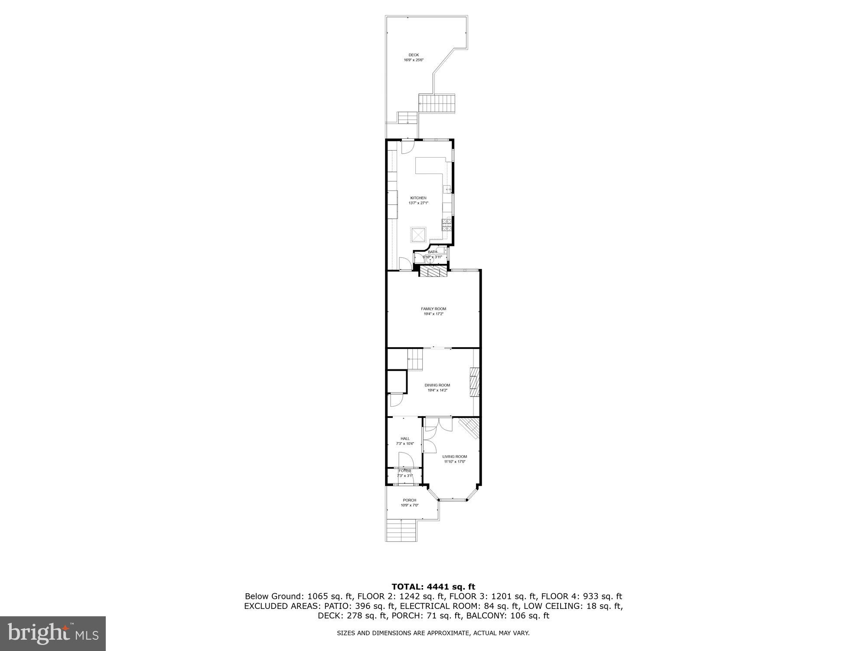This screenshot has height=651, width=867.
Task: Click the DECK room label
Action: click(414, 55)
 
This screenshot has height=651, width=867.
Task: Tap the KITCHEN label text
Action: click(418, 198)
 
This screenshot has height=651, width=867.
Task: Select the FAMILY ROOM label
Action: click(433, 309)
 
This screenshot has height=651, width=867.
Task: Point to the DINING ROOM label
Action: click(437, 385)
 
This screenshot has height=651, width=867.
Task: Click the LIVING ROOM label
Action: click(454, 457)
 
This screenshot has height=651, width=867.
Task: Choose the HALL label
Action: click(405, 439)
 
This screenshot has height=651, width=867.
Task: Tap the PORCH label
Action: click(409, 500)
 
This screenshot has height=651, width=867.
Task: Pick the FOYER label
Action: click(405, 471)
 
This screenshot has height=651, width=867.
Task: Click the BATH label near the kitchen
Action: click(433, 252)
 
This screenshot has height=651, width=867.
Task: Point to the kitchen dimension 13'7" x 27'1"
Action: click(418, 203)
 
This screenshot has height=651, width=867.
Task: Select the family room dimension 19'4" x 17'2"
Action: click(433, 314)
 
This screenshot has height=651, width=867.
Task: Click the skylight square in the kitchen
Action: click(419, 235)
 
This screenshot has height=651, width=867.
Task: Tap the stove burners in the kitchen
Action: click(447, 225)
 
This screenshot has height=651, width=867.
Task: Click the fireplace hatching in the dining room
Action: click(475, 382)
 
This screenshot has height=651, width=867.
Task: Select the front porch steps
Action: click(401, 530)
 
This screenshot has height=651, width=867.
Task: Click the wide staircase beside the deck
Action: click(437, 104)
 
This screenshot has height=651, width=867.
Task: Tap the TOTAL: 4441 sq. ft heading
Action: click(433, 587)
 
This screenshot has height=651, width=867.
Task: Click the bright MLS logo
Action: click(53, 633)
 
